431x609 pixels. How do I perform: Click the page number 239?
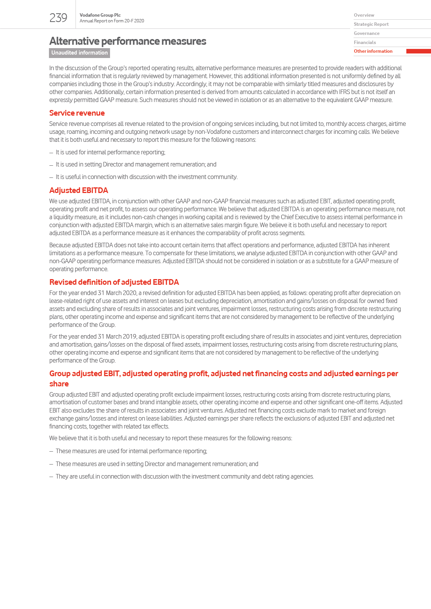coord(58,18)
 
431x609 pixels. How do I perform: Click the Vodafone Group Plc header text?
coord(100,15)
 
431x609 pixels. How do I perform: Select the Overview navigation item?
coord(364,15)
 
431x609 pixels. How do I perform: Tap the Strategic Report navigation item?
coord(371,24)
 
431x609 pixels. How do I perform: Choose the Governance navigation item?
coord(367,33)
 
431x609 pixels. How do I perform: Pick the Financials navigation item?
coord(365,42)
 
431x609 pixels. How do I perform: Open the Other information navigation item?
coord(373,51)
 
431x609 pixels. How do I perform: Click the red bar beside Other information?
coord(418,51)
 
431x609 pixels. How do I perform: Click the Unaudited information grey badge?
coord(79,53)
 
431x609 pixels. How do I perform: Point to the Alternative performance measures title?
coord(127,41)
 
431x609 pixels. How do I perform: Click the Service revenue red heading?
coord(77,113)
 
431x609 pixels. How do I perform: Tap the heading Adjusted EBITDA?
coord(79,190)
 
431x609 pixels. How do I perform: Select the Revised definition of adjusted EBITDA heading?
coord(114,282)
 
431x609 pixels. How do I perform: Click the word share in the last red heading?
coord(59,384)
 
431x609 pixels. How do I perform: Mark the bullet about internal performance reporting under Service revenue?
coord(110,152)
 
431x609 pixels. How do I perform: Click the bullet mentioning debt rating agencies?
coord(184,477)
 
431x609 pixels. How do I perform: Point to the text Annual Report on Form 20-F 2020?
coord(112,21)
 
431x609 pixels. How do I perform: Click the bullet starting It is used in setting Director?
coord(136,165)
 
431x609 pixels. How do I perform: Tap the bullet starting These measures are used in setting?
coord(157,464)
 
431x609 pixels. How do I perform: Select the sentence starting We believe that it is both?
coord(170,438)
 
